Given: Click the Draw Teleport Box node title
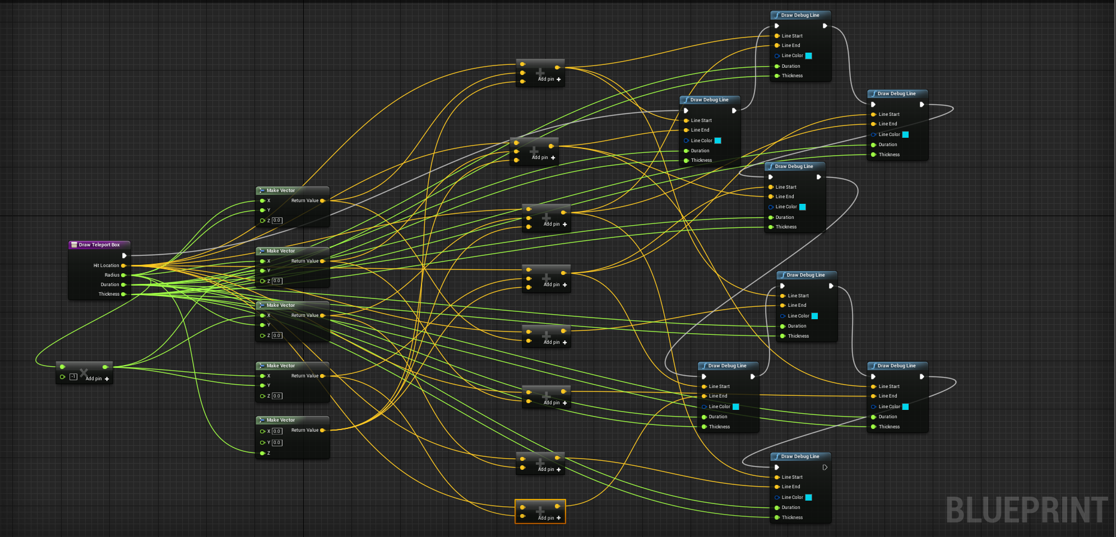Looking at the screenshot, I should tap(99, 245).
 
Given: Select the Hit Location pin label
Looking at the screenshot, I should tap(106, 265).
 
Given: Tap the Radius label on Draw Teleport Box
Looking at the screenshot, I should tap(112, 275).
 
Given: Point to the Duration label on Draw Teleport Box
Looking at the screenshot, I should tap(110, 284).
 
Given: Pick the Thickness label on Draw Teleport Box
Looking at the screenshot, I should tap(109, 294).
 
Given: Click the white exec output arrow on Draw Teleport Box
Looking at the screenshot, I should tap(124, 255).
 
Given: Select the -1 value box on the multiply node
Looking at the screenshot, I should tap(73, 377).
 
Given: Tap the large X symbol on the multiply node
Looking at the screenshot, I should tap(84, 372).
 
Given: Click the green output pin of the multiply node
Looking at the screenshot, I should tap(105, 367).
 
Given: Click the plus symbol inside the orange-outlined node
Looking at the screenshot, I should tap(540, 510).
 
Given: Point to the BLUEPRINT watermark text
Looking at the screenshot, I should tap(1026, 510).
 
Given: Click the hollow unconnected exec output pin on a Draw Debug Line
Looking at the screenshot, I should tap(825, 467).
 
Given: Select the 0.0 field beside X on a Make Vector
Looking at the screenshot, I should tap(277, 431).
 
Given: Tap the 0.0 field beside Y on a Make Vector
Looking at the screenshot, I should tap(277, 442).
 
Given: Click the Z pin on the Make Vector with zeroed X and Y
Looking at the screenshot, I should tap(262, 453).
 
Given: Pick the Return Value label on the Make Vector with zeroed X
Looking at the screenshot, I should tap(304, 430).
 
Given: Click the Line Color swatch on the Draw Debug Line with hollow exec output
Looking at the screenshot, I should tap(808, 497).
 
